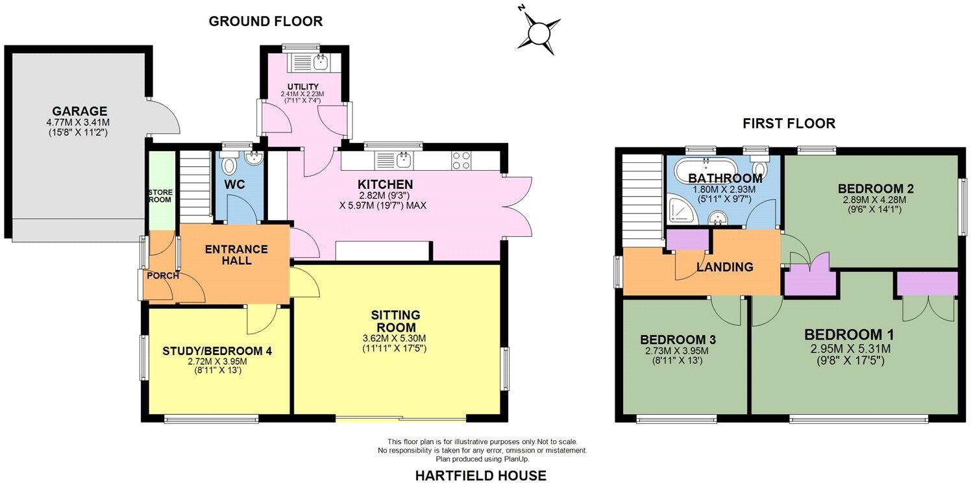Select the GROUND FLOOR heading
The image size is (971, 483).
(265, 21)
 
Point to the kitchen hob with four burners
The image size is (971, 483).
(461, 160)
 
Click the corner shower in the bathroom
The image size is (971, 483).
(679, 208)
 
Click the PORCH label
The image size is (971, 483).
(162, 275)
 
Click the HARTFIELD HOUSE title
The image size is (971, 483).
(480, 475)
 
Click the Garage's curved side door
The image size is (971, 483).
(164, 118)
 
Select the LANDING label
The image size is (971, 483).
(724, 267)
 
